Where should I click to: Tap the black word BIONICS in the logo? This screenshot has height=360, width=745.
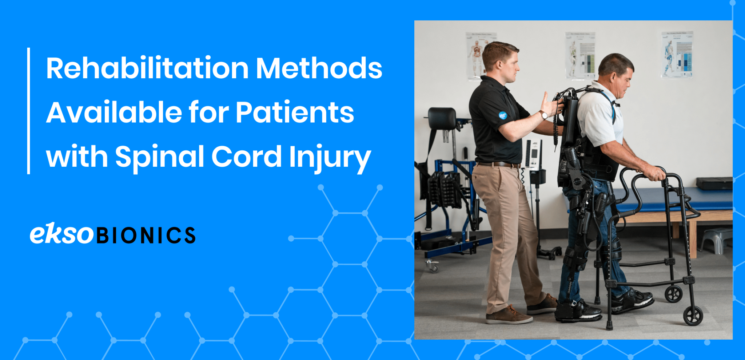tap(146, 236)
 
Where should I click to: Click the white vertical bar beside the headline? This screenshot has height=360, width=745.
tap(28, 111)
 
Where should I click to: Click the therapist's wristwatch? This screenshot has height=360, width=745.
tap(543, 115)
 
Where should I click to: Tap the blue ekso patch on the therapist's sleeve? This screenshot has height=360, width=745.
tap(502, 115)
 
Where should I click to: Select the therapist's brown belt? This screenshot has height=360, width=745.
tap(498, 165)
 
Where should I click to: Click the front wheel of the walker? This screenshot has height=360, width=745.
tap(693, 316)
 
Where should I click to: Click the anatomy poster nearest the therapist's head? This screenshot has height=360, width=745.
tap(477, 55)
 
